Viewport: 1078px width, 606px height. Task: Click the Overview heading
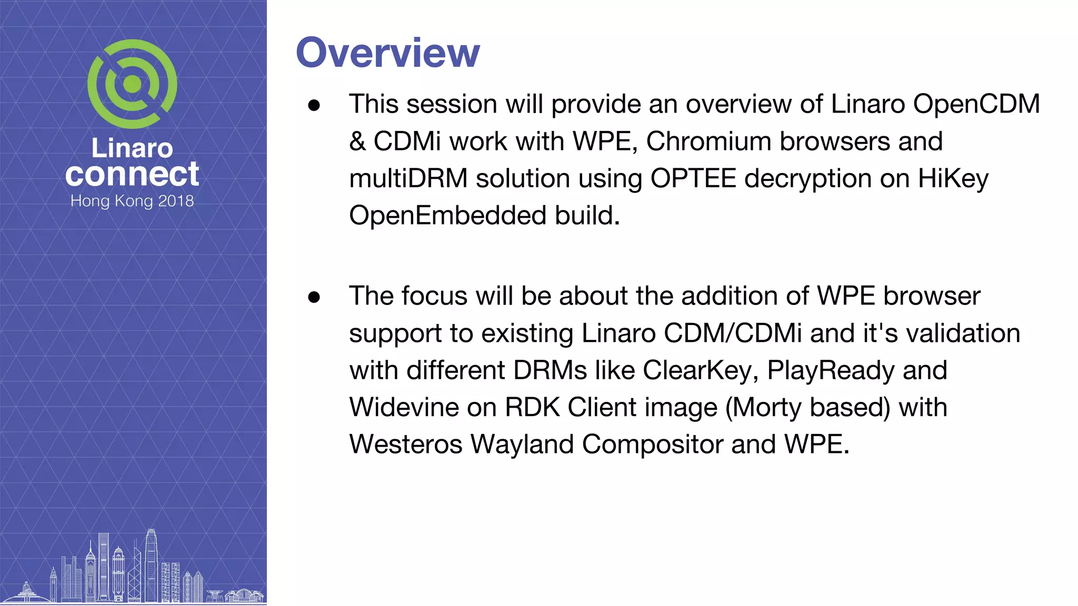click(x=387, y=53)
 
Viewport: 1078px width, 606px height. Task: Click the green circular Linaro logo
click(x=132, y=84)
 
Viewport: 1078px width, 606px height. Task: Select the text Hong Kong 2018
click(x=132, y=201)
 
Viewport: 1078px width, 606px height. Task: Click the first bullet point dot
click(x=314, y=105)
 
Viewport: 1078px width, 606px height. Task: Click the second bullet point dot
click(x=314, y=297)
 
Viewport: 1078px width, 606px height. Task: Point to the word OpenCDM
click(x=976, y=104)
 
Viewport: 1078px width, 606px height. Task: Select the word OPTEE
click(x=693, y=178)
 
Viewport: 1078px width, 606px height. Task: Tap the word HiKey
click(x=953, y=178)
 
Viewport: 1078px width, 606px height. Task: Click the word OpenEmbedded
click(x=447, y=215)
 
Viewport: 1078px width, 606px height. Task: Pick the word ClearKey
click(x=700, y=370)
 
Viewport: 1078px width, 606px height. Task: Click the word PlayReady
click(x=830, y=370)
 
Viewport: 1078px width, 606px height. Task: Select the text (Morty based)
click(x=807, y=407)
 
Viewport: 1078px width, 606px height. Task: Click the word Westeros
click(x=405, y=444)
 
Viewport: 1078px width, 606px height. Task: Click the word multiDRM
click(x=408, y=178)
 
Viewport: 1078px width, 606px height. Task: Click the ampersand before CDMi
click(x=357, y=142)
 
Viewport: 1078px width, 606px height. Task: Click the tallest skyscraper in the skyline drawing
click(x=151, y=565)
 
